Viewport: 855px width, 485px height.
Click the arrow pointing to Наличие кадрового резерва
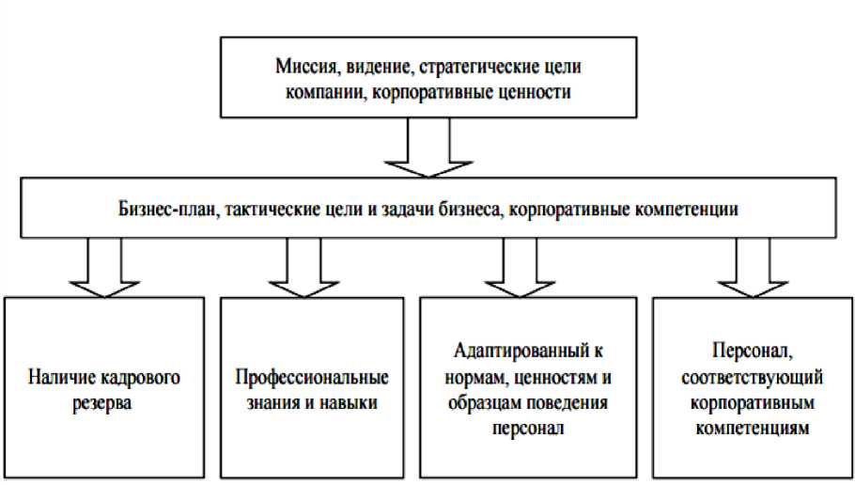(105, 267)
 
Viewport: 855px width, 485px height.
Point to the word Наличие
(62, 381)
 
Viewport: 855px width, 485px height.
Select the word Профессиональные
(312, 381)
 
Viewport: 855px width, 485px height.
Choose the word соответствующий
(754, 379)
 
